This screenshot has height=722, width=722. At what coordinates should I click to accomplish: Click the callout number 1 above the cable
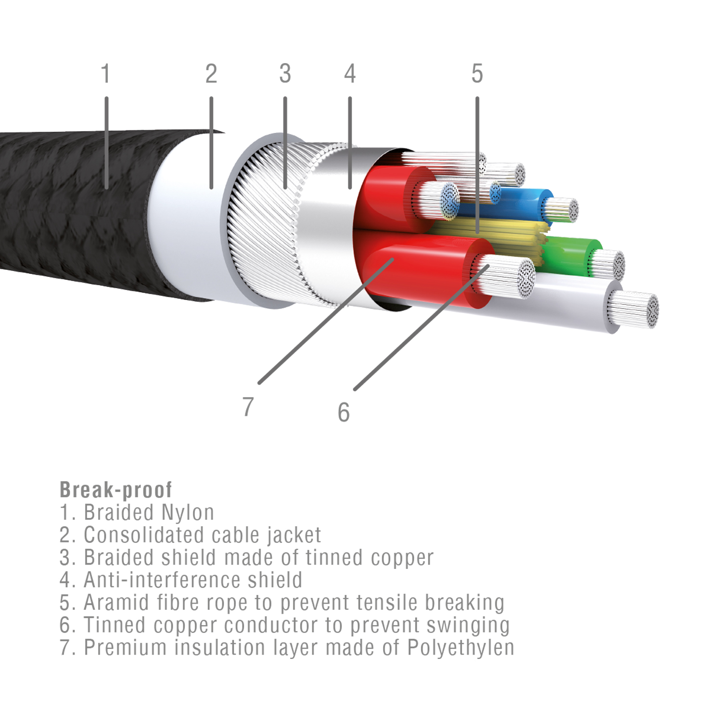(x=106, y=74)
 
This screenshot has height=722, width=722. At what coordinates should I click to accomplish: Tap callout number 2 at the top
(x=211, y=74)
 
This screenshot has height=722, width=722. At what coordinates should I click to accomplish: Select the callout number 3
(x=285, y=74)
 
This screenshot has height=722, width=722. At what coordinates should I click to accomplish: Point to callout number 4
(x=350, y=74)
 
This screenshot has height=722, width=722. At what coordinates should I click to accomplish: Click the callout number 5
(x=477, y=74)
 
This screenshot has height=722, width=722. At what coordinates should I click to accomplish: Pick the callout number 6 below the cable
(x=343, y=413)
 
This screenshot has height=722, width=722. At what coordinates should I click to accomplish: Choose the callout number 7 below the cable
(x=248, y=407)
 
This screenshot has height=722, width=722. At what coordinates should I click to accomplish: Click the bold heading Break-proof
(x=116, y=490)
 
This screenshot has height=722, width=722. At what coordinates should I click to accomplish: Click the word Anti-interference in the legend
(x=162, y=580)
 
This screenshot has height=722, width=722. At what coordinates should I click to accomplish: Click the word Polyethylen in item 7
(x=461, y=648)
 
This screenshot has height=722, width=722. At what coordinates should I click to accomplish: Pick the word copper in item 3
(x=402, y=558)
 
